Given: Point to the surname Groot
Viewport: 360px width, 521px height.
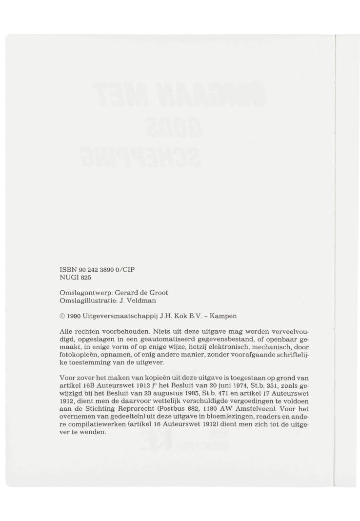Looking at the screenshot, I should coord(157,293).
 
